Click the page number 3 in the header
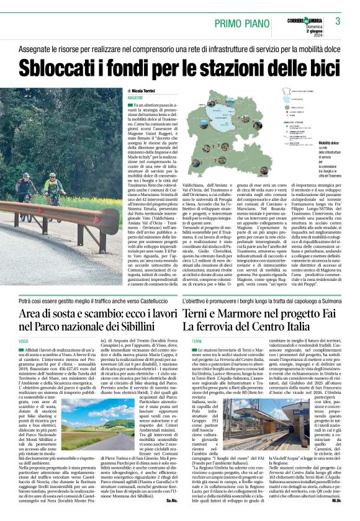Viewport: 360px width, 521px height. (338, 22)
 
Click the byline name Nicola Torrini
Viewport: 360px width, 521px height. (146, 91)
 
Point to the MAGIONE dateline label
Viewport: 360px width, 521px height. (135, 98)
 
